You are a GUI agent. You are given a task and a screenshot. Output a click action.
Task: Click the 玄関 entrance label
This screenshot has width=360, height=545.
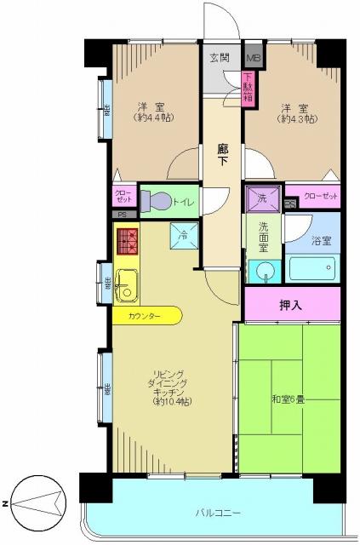coord(220,58)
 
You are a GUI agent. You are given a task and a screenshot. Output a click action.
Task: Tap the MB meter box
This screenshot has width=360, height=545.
coord(253,58)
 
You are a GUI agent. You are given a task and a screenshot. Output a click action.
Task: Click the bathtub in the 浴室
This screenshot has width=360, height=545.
coord(314,270)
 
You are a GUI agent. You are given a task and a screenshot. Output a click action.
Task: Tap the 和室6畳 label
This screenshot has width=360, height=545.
coord(288,398)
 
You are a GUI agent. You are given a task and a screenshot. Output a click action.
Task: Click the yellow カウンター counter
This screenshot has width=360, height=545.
coord(146,316)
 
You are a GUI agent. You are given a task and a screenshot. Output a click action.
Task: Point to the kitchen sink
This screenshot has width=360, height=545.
coord(127,284)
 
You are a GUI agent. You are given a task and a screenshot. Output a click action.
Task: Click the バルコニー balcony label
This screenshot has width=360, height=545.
coord(219,513)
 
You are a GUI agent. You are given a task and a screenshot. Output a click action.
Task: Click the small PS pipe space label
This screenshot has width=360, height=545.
coord(123,215)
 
